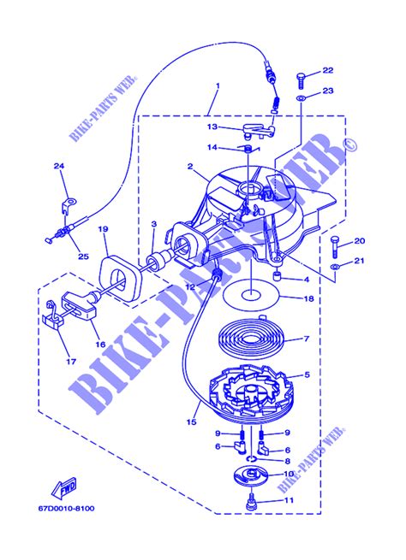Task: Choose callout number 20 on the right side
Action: click(x=360, y=240)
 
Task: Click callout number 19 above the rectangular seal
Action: click(x=103, y=229)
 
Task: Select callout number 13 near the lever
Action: click(x=211, y=126)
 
